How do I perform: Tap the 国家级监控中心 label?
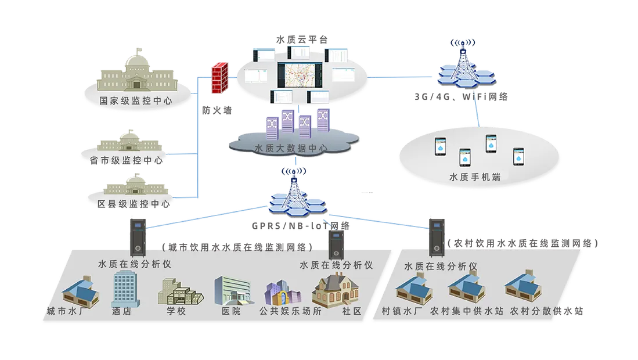coord(136,100)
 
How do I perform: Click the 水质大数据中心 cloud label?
coord(291,149)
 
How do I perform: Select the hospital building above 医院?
coord(232,289)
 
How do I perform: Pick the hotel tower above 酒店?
coord(123,287)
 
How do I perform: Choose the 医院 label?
coord(230,311)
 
